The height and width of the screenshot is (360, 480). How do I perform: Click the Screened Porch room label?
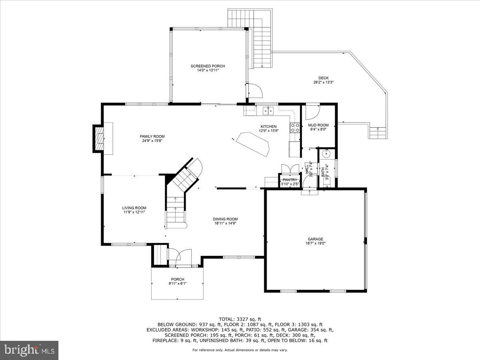[208, 66]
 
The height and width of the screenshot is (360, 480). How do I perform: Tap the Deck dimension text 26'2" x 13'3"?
[323, 82]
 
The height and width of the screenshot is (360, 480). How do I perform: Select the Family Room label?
[152, 136]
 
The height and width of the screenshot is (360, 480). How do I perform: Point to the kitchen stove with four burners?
[295, 128]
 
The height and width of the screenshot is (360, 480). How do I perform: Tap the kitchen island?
[253, 143]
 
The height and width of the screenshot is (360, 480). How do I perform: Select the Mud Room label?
[318, 125]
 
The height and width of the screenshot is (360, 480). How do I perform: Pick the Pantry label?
[290, 180]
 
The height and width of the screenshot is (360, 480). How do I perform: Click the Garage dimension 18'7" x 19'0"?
[315, 243]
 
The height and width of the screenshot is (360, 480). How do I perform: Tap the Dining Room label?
[225, 219]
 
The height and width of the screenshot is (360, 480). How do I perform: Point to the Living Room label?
[134, 208]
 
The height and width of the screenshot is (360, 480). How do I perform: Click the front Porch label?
[178, 279]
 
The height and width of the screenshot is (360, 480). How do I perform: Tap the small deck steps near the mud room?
[378, 132]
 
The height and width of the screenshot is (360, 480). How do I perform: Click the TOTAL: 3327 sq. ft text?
[240, 319]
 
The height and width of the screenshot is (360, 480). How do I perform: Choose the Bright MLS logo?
[29, 350]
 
